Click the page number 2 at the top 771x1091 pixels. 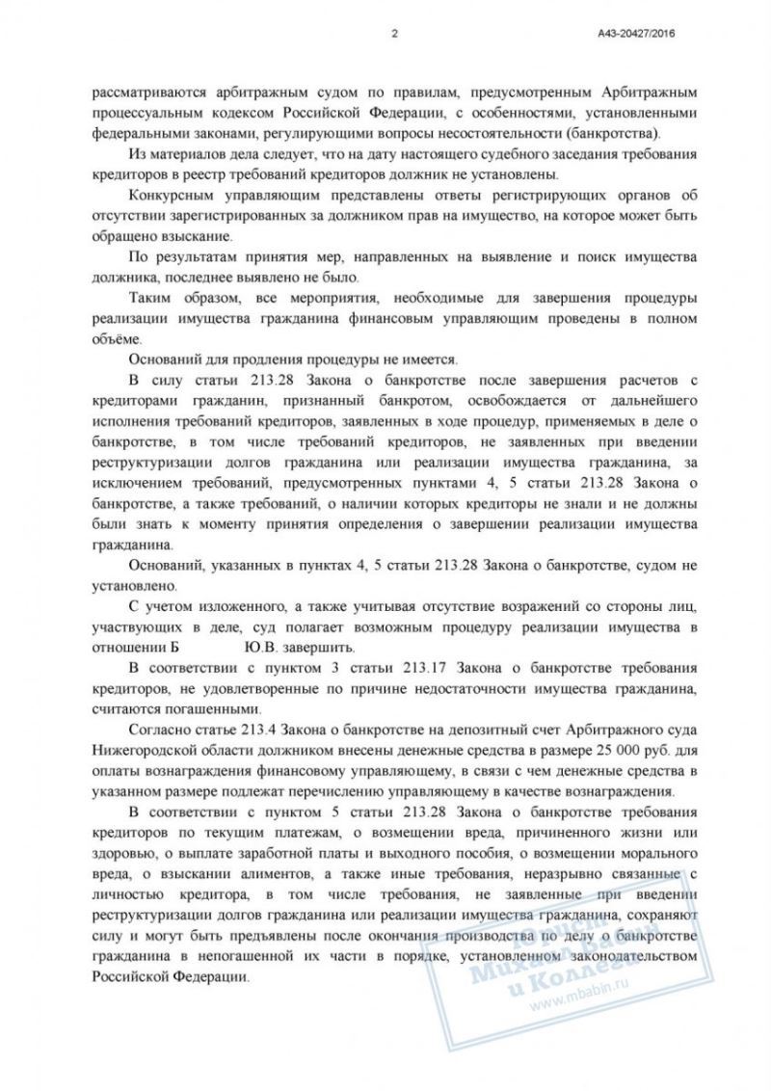coord(395,33)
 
